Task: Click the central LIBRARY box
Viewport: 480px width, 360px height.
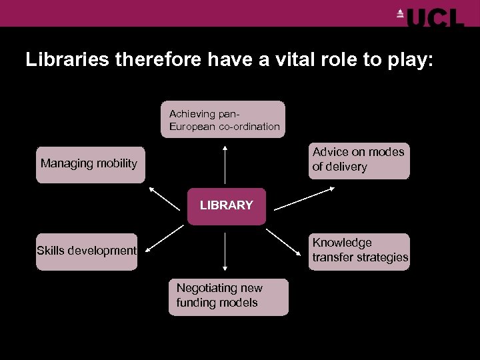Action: pos(227,206)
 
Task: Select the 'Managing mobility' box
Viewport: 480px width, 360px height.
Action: pos(90,164)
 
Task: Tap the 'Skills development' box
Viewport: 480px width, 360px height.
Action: pos(87,251)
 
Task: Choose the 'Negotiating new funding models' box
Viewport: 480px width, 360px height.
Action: pos(228,296)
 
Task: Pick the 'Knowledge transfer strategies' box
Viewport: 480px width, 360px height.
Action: pos(359,251)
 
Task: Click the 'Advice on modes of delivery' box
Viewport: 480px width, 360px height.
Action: pos(359,160)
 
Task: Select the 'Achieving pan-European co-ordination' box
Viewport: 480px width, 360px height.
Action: pos(223,119)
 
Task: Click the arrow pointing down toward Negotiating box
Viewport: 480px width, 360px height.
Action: pos(225,253)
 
